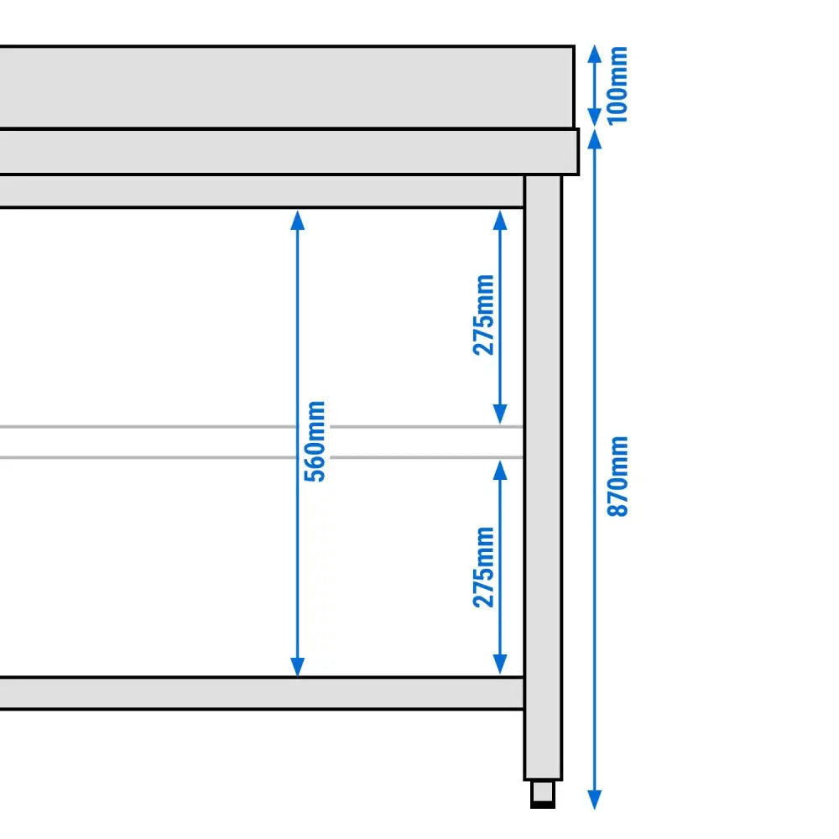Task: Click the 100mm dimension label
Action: coord(618,85)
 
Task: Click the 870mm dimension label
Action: coord(618,476)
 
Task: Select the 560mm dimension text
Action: coord(316,441)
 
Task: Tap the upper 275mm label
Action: coord(484,315)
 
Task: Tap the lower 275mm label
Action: coord(484,566)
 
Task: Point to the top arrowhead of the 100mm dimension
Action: coord(594,53)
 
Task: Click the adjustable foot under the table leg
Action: coord(543,794)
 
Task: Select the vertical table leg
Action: coord(543,478)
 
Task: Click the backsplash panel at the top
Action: coord(285,87)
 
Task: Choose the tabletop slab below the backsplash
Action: coord(285,152)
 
